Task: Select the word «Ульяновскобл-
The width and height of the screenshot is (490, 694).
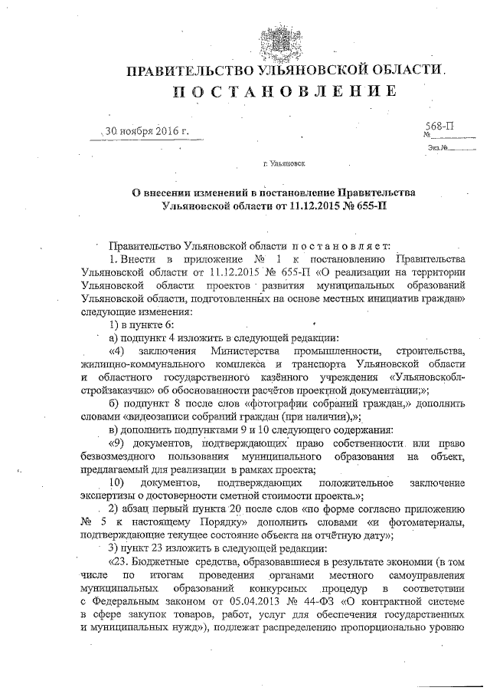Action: tap(427, 377)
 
